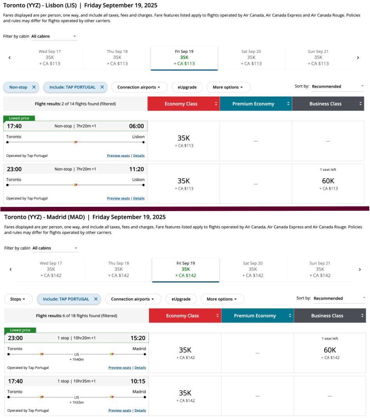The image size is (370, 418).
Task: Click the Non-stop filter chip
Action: tap(18, 87)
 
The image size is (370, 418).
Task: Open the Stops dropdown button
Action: tap(18, 299)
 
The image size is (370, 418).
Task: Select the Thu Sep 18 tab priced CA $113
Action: tap(117, 57)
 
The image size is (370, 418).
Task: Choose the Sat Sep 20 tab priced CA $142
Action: tap(253, 269)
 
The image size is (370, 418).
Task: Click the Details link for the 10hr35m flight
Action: tap(140, 411)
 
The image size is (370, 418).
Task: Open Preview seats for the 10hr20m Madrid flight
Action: tap(119, 368)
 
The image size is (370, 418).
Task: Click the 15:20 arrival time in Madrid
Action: tap(138, 338)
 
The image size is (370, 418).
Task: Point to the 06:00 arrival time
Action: tap(136, 126)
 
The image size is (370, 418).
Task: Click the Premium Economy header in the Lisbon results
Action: tap(253, 104)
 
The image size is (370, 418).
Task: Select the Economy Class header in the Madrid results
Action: tap(182, 316)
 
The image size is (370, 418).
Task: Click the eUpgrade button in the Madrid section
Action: tap(181, 299)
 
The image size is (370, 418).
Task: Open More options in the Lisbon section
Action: tap(228, 87)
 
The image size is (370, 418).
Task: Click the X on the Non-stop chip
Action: tap(34, 87)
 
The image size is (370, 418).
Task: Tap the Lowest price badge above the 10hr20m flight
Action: tap(21, 330)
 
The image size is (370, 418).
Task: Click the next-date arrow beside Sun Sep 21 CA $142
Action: tap(359, 269)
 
